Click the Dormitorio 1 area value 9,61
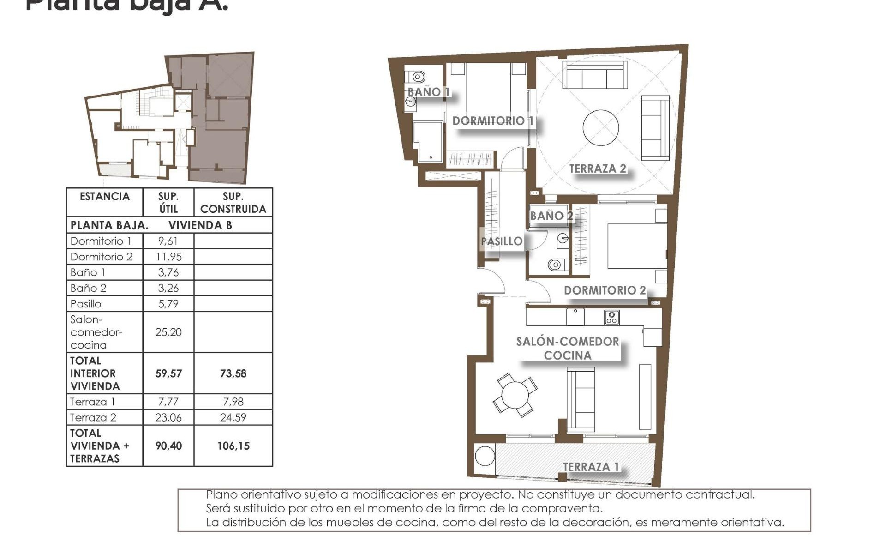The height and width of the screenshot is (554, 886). pyautogui.click(x=168, y=241)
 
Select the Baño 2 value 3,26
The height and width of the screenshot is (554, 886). pyautogui.click(x=168, y=288)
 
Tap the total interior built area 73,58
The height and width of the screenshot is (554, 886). pyautogui.click(x=233, y=373)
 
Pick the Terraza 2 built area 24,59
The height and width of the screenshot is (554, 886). pyautogui.click(x=233, y=417)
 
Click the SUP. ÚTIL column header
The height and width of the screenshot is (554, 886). pyautogui.click(x=168, y=203)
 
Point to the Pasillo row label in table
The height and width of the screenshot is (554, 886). pyautogui.click(x=86, y=304)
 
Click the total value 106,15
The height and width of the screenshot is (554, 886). pyautogui.click(x=233, y=446)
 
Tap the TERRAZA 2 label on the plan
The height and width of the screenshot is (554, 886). pyautogui.click(x=597, y=169)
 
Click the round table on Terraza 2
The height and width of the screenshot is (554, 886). pyautogui.click(x=600, y=127)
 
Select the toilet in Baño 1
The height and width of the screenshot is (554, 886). pyautogui.click(x=418, y=77)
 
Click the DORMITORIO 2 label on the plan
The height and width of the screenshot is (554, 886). pyautogui.click(x=605, y=290)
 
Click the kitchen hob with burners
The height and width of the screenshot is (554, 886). pyautogui.click(x=612, y=318)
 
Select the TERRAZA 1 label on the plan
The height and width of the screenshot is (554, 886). pyautogui.click(x=591, y=467)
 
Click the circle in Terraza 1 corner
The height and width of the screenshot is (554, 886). pyautogui.click(x=485, y=456)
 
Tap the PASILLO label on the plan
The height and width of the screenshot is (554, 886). pyautogui.click(x=502, y=241)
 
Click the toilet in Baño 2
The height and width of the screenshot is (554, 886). pyautogui.click(x=556, y=265)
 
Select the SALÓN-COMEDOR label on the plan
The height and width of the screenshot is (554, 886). pyautogui.click(x=567, y=342)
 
